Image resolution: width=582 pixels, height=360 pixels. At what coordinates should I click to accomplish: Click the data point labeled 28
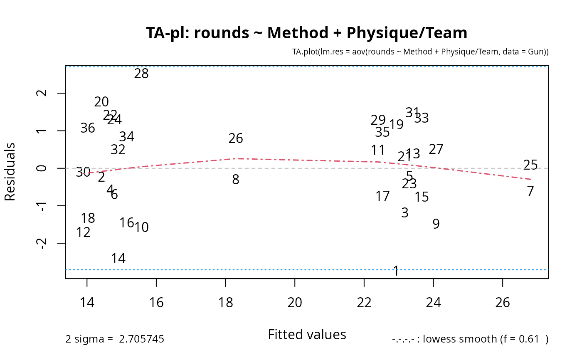pyautogui.click(x=141, y=74)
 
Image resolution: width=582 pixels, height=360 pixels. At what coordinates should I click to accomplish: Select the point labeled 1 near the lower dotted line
pyautogui.click(x=396, y=271)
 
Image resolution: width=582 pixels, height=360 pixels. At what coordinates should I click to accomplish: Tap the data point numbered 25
pyautogui.click(x=530, y=165)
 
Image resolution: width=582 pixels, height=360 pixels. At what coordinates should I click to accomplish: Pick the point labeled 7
pyautogui.click(x=530, y=191)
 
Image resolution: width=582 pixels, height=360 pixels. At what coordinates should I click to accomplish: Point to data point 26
pyautogui.click(x=236, y=138)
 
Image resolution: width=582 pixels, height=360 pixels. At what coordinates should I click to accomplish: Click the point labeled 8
pyautogui.click(x=236, y=180)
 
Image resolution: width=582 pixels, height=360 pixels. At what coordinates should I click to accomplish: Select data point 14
pyautogui.click(x=118, y=259)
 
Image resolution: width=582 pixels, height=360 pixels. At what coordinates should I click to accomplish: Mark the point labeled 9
pyautogui.click(x=436, y=224)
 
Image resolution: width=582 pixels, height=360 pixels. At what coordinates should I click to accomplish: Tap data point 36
pyautogui.click(x=88, y=128)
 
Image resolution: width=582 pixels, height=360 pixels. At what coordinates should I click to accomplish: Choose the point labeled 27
pyautogui.click(x=436, y=149)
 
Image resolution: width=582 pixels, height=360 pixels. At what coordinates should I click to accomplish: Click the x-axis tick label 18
pyautogui.click(x=225, y=303)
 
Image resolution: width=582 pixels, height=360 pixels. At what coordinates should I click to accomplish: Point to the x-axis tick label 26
pyautogui.click(x=503, y=303)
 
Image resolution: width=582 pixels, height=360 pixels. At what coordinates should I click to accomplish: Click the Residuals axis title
pyautogui.click(x=10, y=172)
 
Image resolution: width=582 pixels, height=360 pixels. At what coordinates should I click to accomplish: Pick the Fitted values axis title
pyautogui.click(x=307, y=335)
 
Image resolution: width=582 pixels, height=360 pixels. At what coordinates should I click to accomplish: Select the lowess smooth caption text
pyautogui.click(x=470, y=339)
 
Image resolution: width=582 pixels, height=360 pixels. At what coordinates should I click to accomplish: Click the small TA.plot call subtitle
pyautogui.click(x=421, y=52)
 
